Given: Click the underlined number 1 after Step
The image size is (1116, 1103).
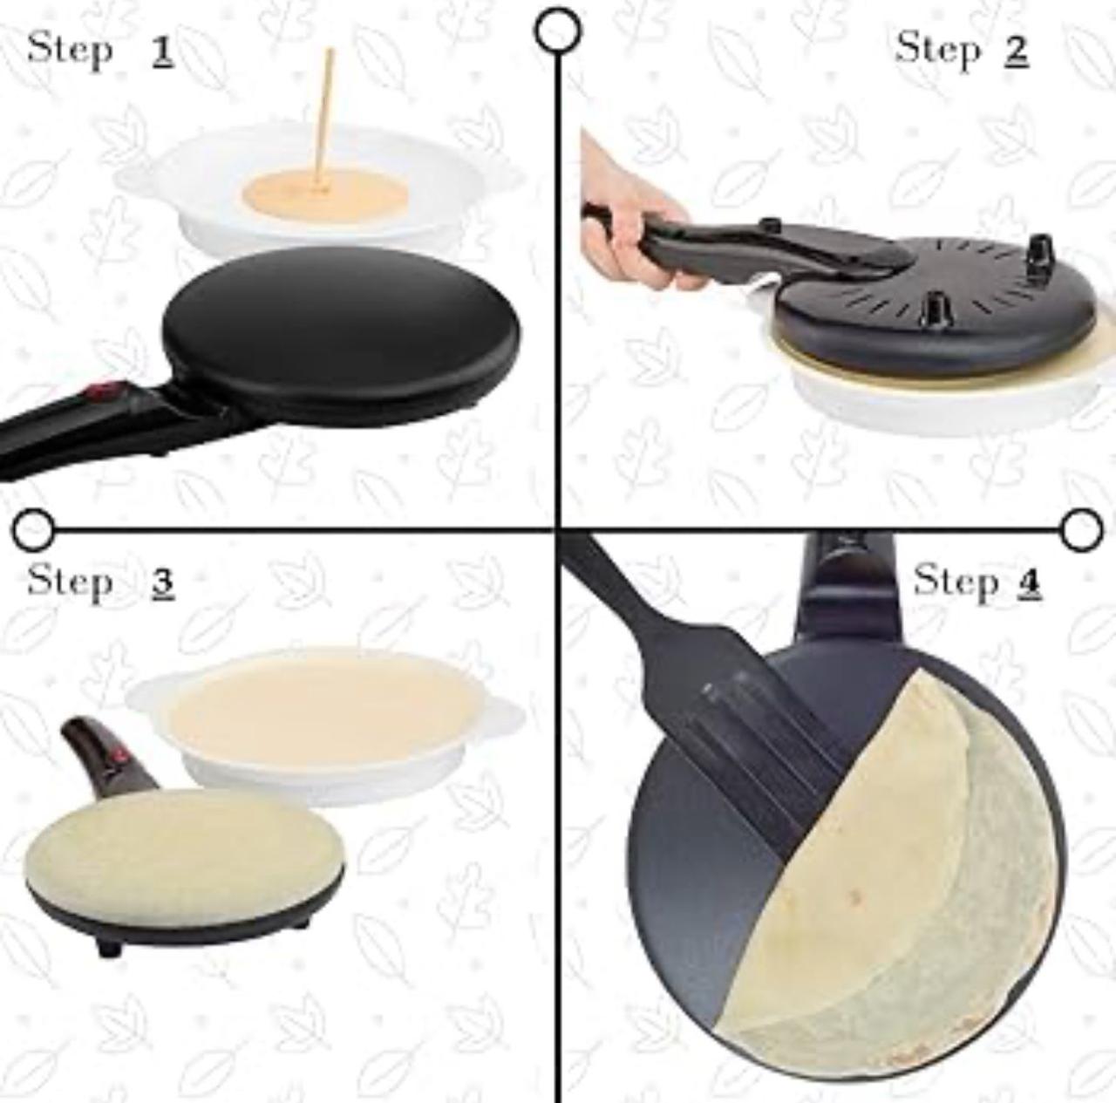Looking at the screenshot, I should coord(162,51).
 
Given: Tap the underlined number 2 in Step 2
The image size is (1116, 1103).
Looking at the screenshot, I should coord(1016,51).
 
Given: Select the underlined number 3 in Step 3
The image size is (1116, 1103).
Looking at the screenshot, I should coord(162,582).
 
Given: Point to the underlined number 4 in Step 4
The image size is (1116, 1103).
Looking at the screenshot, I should coord(1030,582).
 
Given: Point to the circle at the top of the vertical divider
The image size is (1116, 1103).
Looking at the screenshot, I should coord(558,30).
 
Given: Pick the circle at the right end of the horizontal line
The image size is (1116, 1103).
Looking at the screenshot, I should coord(1084,528).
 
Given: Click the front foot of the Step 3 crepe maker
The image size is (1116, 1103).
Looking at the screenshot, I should coord(107,949).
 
